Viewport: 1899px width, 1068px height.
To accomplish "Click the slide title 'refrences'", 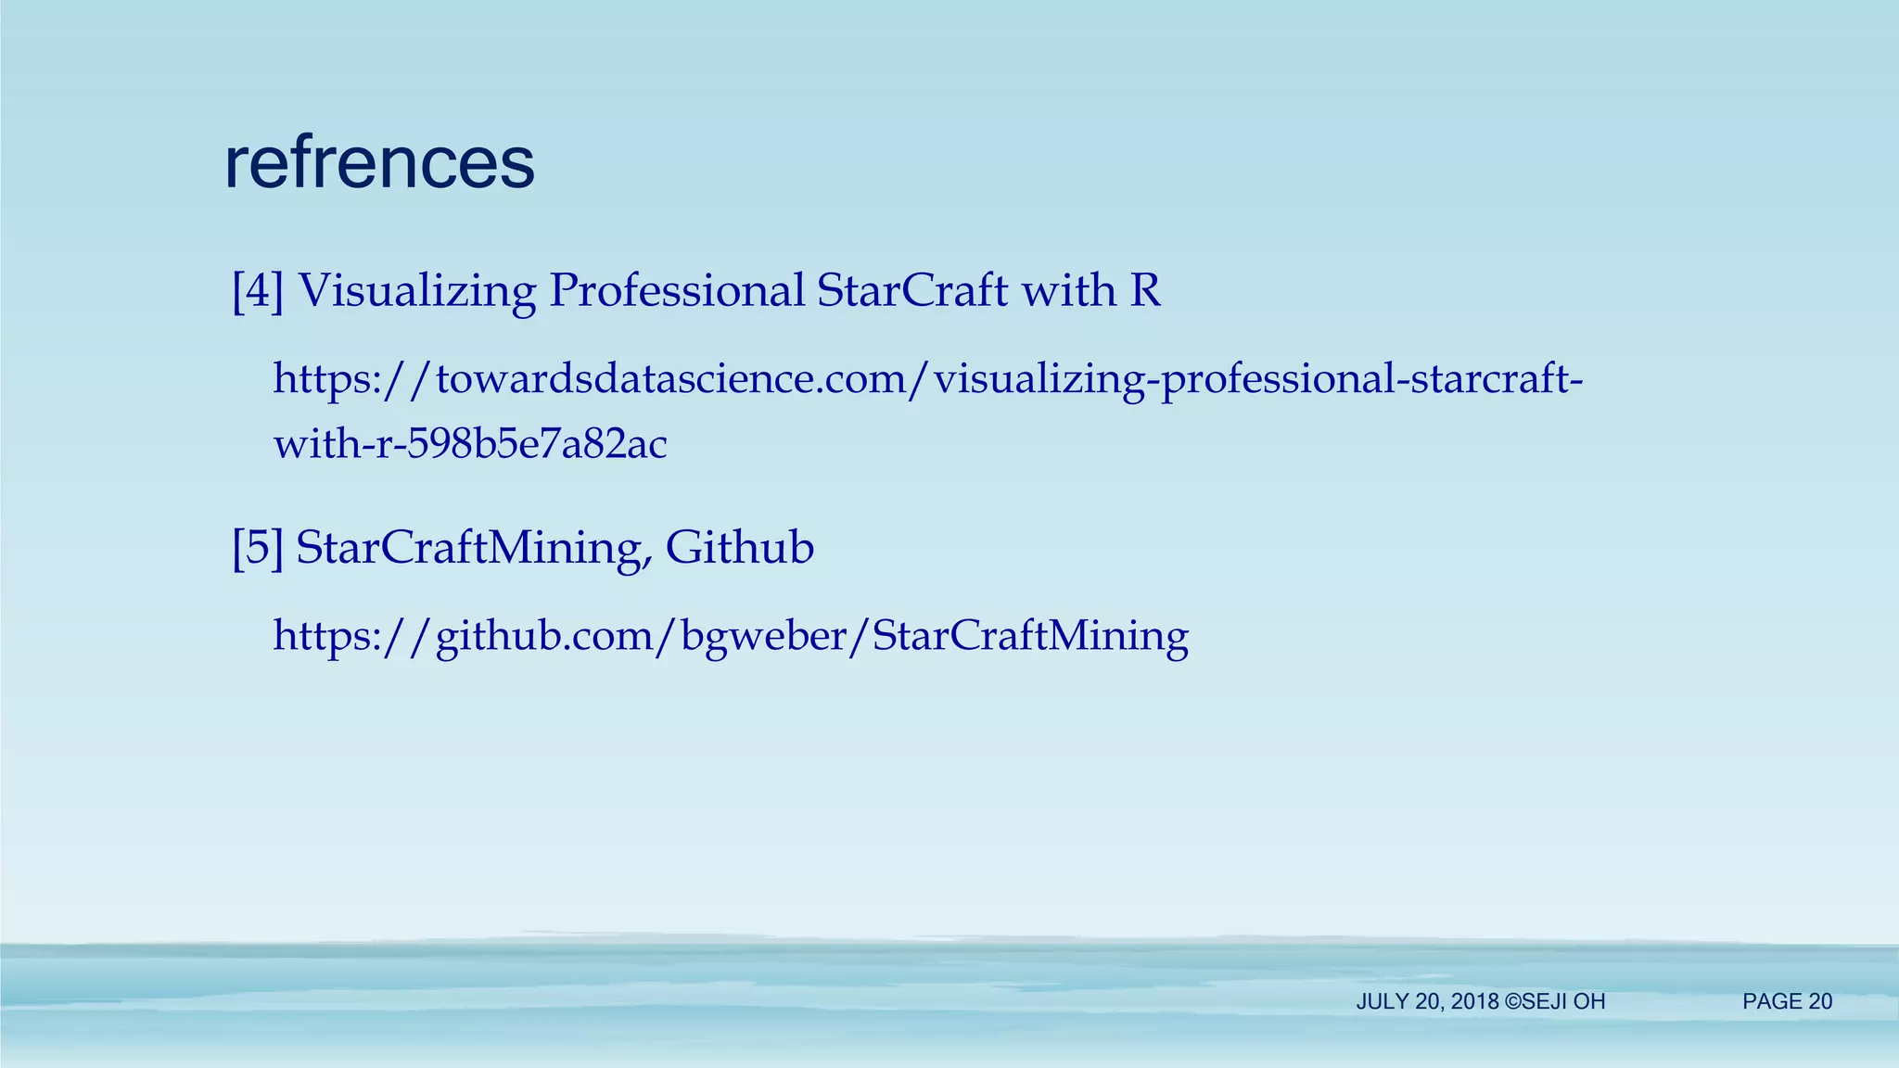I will click(x=379, y=163).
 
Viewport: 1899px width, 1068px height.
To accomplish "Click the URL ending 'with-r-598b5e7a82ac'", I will click(x=470, y=444).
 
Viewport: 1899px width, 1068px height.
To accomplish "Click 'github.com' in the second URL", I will click(x=541, y=636).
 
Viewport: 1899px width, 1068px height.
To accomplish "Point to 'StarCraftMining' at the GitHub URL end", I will click(x=1030, y=636).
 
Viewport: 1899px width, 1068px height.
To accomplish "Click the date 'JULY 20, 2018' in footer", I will click(x=1427, y=1002).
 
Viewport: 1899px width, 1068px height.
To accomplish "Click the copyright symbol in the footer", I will click(x=1513, y=1002).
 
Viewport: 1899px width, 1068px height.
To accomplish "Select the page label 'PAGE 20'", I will click(x=1787, y=1001).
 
